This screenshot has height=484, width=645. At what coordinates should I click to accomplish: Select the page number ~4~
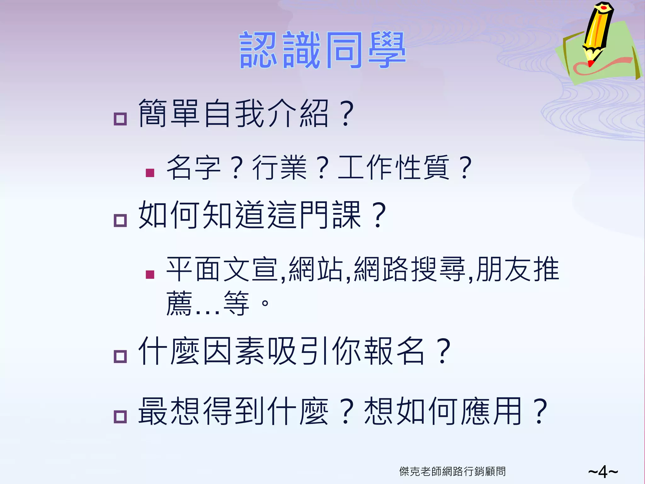coord(603,472)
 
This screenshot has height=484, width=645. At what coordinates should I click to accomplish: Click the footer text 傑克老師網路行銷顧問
coord(452,471)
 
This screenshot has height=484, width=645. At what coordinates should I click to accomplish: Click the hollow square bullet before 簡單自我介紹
coord(120,119)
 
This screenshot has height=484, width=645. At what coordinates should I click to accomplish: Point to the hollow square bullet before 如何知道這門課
coord(120,221)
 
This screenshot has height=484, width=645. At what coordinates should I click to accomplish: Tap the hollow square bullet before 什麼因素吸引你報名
coord(120,357)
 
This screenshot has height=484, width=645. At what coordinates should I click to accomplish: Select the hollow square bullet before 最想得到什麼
coord(120,417)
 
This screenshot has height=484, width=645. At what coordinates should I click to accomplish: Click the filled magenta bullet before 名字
coord(150,173)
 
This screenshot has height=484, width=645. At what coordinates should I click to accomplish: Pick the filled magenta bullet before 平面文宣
coord(150,275)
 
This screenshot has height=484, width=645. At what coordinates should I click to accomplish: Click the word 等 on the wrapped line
coord(236,303)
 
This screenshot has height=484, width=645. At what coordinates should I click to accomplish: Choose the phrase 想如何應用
coord(442,411)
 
